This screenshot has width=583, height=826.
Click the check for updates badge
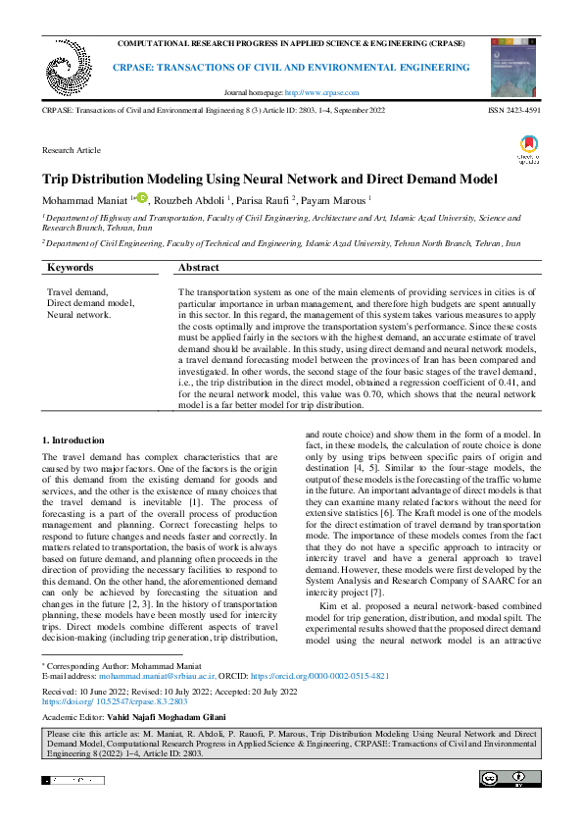click(x=528, y=150)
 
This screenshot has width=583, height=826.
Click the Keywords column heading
click(x=71, y=267)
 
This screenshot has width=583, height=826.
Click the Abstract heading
click(x=200, y=267)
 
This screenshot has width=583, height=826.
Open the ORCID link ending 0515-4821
click(x=332, y=677)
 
